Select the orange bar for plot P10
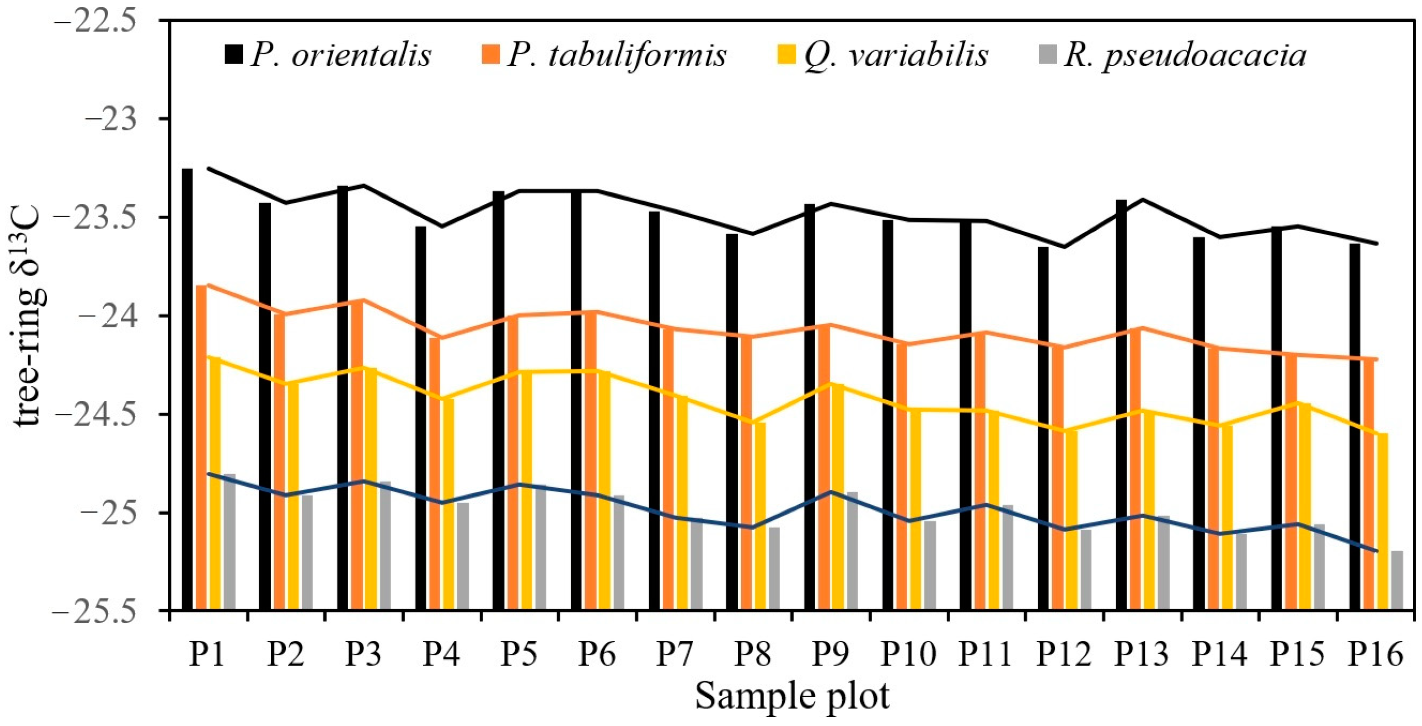coord(901,478)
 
